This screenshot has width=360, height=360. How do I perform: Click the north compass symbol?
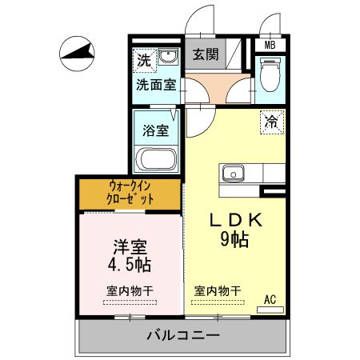[x=77, y=54]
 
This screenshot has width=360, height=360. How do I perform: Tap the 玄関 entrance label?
[x=206, y=54]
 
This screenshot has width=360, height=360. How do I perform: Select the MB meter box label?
[x=270, y=45]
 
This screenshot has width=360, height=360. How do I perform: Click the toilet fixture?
[x=270, y=74]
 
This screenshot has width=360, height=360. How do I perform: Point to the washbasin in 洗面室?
[x=168, y=57]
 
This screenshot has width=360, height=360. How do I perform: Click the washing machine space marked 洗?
[x=144, y=61]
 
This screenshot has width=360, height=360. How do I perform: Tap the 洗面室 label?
[x=156, y=85]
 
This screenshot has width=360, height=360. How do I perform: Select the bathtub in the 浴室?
[x=156, y=159]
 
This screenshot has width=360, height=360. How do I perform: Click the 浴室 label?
[x=156, y=130]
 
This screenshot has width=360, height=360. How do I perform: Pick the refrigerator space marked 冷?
[x=272, y=122]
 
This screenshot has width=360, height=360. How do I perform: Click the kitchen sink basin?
[x=234, y=174]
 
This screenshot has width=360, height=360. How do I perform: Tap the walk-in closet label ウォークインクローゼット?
[x=130, y=192]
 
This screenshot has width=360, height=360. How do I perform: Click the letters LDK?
[x=236, y=221]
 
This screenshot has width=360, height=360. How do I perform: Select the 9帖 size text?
[x=234, y=239]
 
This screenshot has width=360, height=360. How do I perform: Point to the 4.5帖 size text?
[x=130, y=264]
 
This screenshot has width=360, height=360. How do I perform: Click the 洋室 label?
[x=130, y=247]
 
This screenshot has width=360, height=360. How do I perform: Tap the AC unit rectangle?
[x=270, y=310]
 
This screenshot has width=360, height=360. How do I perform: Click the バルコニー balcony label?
[x=183, y=335]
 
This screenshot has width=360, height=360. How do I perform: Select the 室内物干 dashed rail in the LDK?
[x=218, y=302]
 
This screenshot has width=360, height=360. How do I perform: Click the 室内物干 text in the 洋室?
[x=130, y=290]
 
